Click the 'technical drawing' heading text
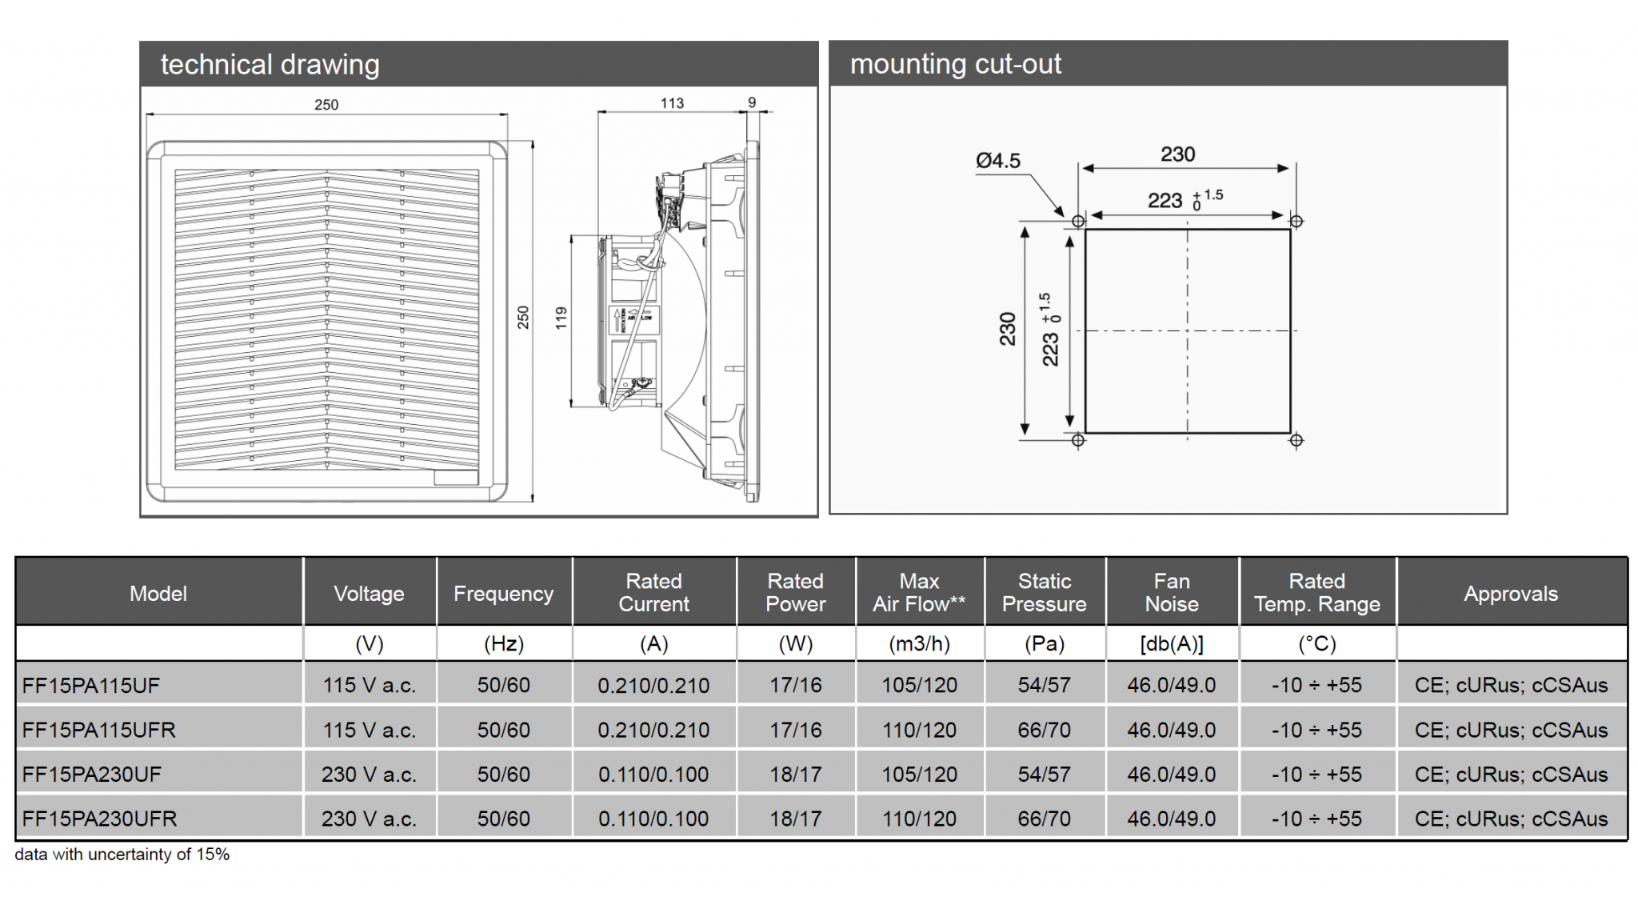point(270,64)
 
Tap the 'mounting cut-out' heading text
point(955,63)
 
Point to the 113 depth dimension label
point(672,102)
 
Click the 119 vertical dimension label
point(561,318)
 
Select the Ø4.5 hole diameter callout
point(997,161)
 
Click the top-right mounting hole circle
point(1296,221)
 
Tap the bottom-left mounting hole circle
point(1078,440)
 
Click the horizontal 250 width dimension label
point(326,104)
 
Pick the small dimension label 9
point(751,102)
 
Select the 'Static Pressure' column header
point(1044,592)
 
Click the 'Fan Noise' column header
point(1171,592)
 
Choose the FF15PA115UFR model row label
point(99,730)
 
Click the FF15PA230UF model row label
point(92,775)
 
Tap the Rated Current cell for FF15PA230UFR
point(653,819)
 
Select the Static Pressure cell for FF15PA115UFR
point(1044,730)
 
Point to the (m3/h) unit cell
point(919,644)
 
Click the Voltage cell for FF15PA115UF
point(369,686)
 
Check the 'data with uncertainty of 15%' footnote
point(122,855)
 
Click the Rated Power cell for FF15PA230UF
point(795,775)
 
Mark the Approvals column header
point(1510,594)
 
